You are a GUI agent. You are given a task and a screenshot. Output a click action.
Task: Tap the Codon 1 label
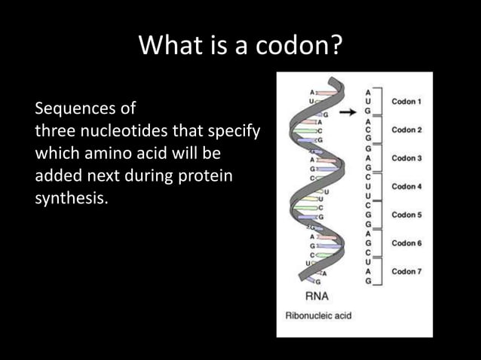pos(406,101)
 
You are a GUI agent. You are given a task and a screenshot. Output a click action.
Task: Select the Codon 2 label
pos(406,130)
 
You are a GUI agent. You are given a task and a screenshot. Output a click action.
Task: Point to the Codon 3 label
pos(406,158)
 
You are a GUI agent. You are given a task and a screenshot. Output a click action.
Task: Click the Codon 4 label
pos(406,186)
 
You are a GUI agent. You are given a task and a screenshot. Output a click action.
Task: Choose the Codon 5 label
pos(406,215)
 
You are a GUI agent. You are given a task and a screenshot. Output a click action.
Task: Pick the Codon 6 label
pos(406,243)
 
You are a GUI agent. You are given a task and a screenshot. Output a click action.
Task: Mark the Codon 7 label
pos(406,271)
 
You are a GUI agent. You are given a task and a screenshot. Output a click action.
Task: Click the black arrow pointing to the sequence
pos(347,113)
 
